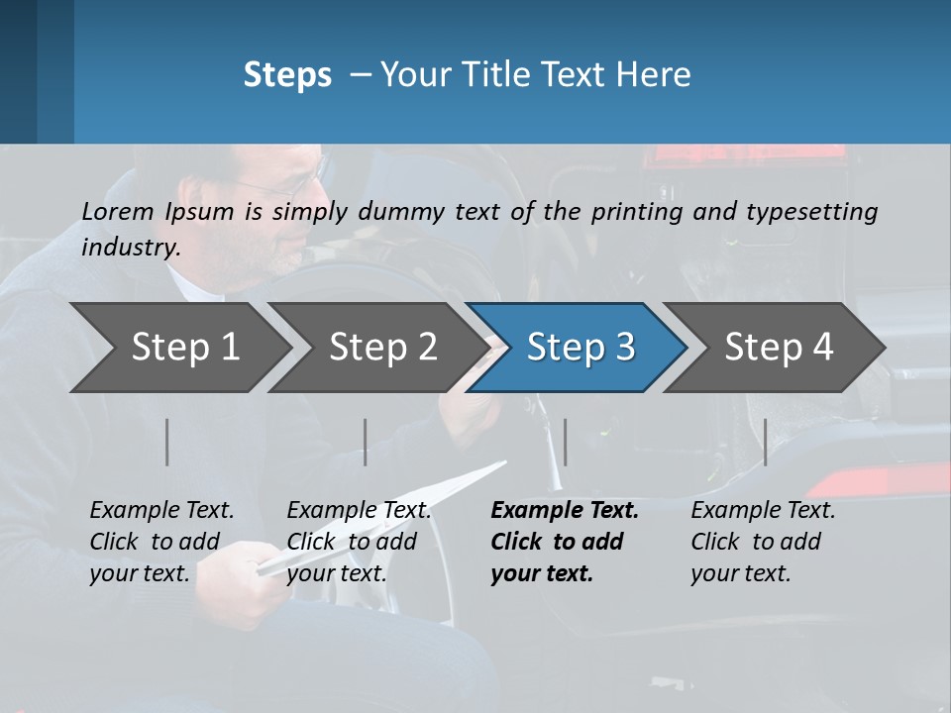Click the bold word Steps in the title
coord(287,75)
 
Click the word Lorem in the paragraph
coord(117,211)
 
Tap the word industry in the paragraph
coord(130,247)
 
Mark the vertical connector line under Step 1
coord(167,442)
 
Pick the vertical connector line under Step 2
coord(366,442)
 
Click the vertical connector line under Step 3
coord(566,442)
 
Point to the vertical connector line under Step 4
coord(765,442)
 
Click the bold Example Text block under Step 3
coord(564,542)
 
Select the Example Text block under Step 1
coord(161,542)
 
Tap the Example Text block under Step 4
coord(763,542)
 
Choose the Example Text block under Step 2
coord(359,542)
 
